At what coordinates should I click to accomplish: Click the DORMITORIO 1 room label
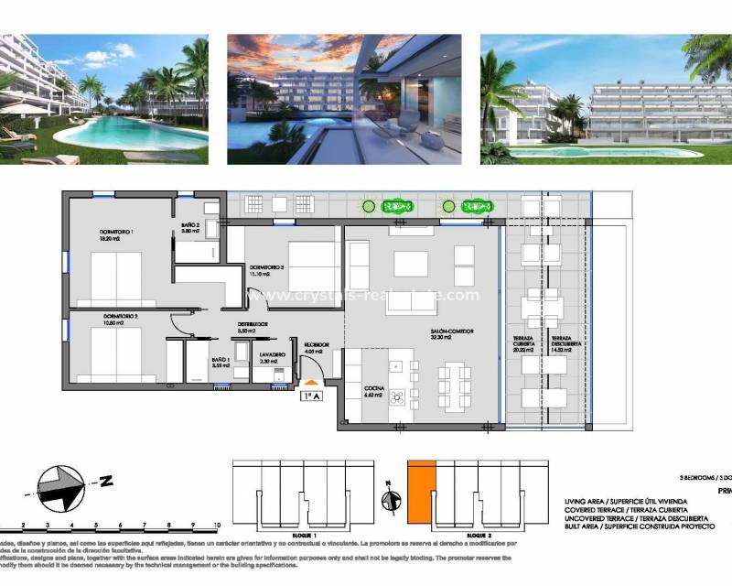(116, 232)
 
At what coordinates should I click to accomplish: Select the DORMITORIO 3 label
(267, 266)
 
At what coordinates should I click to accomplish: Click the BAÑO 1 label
(221, 361)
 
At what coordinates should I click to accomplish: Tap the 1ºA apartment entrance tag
(312, 396)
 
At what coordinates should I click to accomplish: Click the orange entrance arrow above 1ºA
(312, 382)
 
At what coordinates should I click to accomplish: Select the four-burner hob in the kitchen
(399, 396)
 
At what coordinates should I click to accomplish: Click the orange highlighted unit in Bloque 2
(420, 493)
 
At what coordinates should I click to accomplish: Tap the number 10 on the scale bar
(217, 526)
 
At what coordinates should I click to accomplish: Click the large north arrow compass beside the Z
(61, 487)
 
